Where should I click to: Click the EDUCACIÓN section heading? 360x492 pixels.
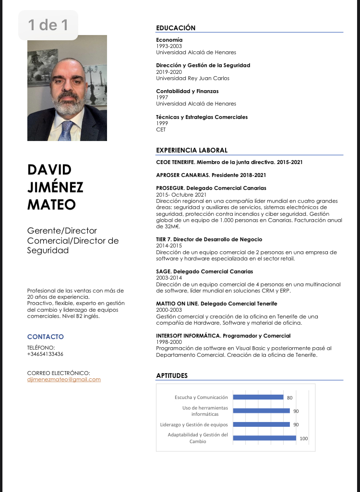176,28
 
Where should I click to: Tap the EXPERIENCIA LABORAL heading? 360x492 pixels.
192,150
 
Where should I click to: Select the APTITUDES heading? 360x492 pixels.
172,375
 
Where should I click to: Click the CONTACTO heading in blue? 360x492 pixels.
46,337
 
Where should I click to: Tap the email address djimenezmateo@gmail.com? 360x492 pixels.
64,379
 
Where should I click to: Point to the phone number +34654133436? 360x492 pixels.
45,354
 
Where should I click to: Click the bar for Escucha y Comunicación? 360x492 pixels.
258,397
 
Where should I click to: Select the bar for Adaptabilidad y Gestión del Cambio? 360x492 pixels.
264,437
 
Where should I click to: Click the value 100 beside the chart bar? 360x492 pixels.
303,438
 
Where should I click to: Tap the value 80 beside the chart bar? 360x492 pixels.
289,398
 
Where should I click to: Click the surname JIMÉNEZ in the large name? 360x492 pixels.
55,187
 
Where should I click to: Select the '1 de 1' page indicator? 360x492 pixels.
48,25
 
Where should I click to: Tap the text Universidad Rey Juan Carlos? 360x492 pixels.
192,78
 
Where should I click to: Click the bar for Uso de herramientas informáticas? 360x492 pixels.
261,410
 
